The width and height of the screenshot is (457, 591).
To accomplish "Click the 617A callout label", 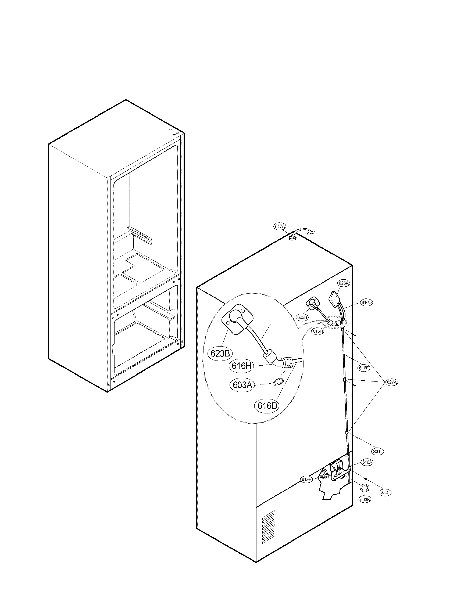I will (280, 227).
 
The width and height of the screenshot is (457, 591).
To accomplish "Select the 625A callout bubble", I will (344, 283).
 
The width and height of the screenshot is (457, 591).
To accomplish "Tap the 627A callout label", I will (391, 382).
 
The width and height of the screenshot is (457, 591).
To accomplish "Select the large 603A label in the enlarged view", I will (242, 384).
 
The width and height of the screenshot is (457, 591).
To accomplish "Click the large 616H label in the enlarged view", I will (241, 366).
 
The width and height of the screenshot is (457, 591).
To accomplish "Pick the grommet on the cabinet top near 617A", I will (292, 237).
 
